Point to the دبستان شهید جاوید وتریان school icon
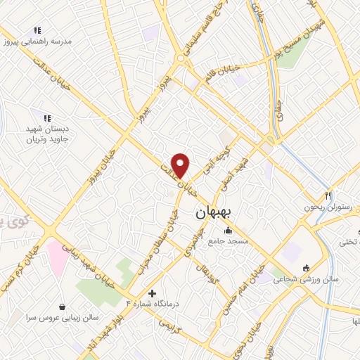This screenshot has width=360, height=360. point(46,118)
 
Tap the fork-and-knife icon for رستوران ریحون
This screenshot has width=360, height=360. point(328,195)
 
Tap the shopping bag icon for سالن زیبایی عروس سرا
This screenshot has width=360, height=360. point(64,307)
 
